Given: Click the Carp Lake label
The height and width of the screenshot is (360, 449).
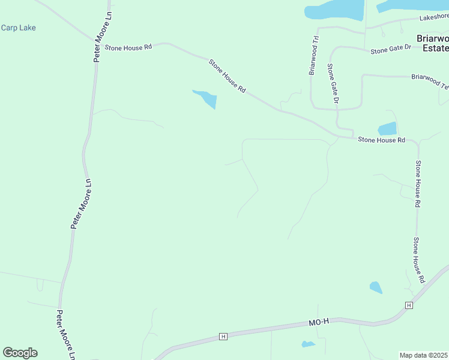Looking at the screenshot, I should (x=19, y=28).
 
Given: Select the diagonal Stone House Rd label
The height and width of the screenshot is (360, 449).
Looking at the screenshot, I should (x=228, y=75).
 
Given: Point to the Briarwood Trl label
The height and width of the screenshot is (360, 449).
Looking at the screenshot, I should (x=313, y=55).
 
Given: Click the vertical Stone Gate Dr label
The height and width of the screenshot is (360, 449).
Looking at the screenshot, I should (x=333, y=84).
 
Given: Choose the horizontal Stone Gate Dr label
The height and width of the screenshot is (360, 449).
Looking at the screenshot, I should (x=391, y=50).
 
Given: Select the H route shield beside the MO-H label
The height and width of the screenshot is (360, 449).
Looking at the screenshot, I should (x=223, y=337).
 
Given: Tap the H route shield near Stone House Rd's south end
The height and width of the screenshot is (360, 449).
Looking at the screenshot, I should (x=409, y=305).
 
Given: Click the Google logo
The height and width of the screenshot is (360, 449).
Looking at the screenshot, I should (x=20, y=353).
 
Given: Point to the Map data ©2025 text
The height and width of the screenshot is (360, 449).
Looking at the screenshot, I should (x=424, y=355).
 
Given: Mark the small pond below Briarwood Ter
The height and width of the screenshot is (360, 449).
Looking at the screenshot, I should (x=387, y=128).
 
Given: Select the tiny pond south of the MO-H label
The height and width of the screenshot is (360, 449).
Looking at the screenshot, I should (x=308, y=344).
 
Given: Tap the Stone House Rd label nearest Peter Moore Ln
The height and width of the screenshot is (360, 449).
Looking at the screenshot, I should (x=128, y=47).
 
